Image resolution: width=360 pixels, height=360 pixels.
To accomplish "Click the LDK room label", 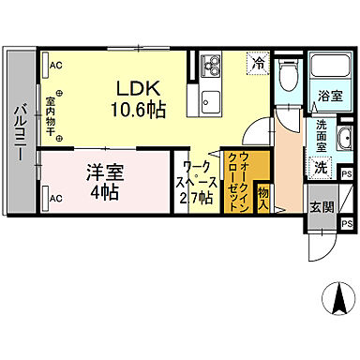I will tap(137, 89).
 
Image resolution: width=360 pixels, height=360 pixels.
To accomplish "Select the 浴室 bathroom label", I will tap(328, 96).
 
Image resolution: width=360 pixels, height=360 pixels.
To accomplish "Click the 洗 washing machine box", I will tap(319, 167).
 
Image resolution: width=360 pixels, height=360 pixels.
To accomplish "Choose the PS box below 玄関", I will tap(346, 223).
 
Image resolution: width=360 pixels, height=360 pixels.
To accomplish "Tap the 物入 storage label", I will tap(263, 199).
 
